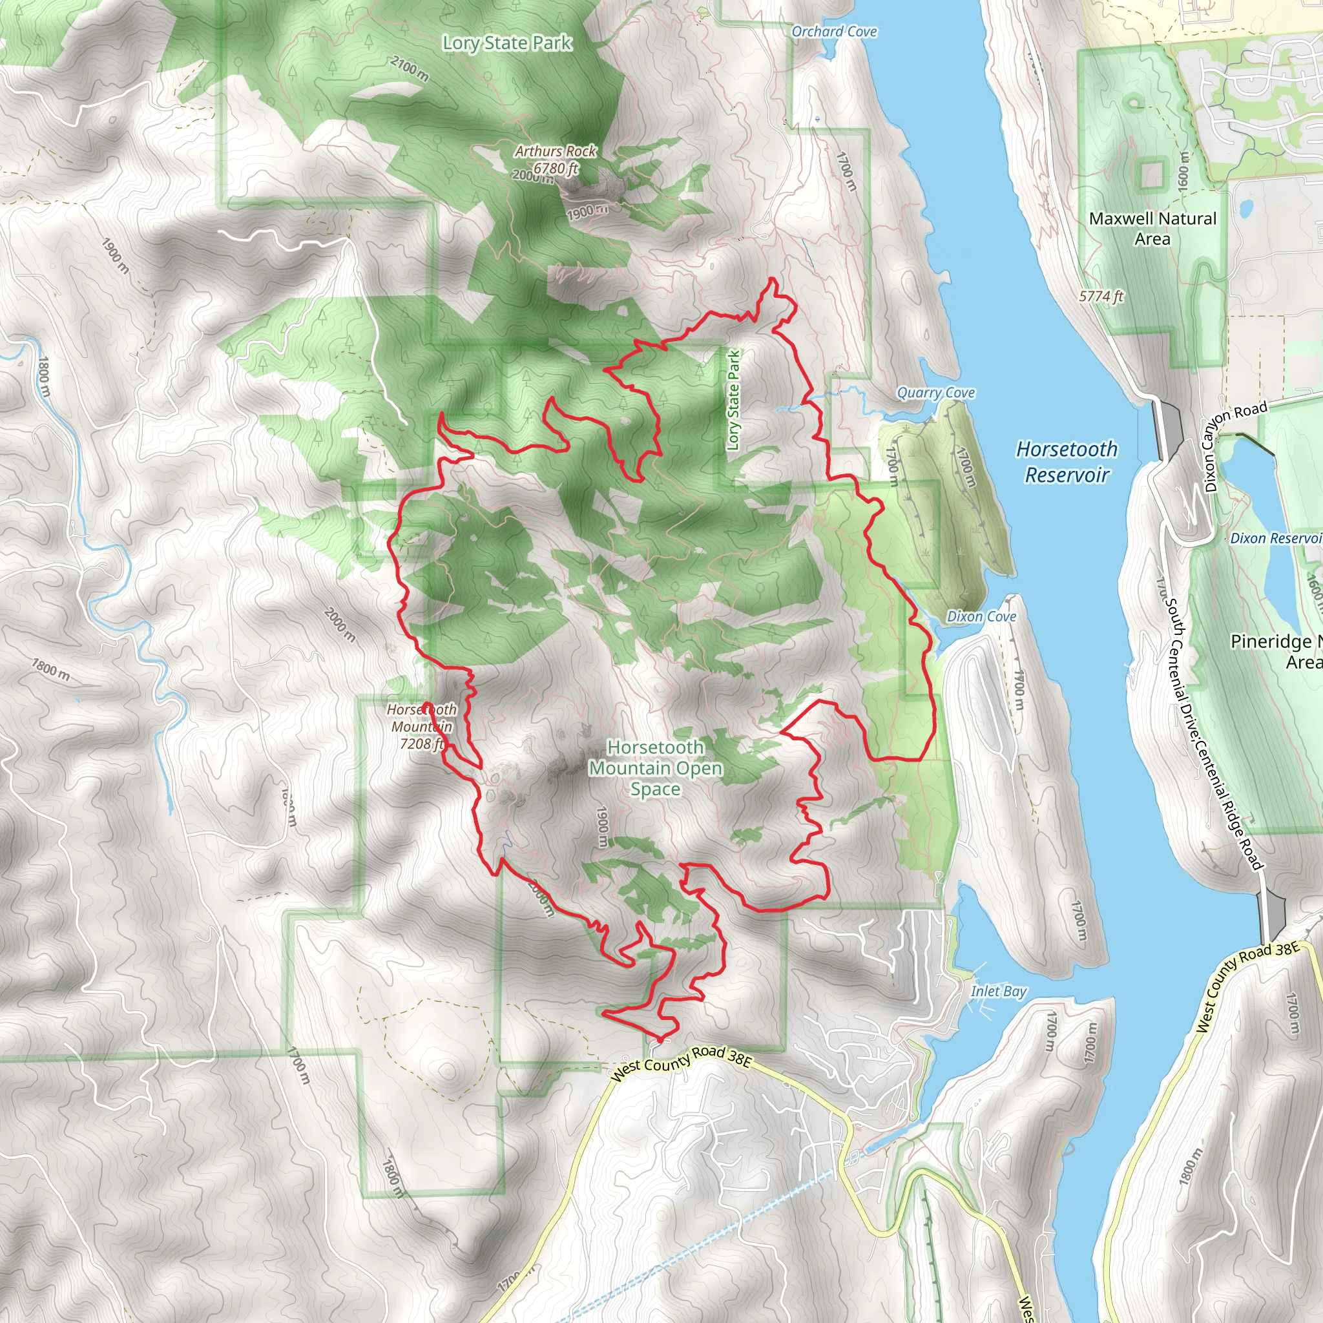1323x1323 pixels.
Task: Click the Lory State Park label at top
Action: click(506, 43)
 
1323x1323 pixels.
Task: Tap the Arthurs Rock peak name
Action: click(556, 151)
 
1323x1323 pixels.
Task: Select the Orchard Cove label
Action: click(833, 32)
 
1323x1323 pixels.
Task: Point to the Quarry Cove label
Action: click(935, 392)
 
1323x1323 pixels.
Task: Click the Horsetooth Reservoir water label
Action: click(1066, 461)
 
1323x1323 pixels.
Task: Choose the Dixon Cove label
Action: click(981, 616)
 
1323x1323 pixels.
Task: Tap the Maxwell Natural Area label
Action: click(1152, 228)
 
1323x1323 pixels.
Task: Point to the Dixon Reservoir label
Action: click(1275, 538)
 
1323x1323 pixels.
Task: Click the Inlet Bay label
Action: click(999, 991)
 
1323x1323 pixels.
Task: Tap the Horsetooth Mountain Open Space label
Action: click(655, 767)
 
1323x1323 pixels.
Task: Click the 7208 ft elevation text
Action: click(422, 744)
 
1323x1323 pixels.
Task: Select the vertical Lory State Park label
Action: click(733, 400)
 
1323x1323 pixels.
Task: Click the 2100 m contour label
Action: click(410, 68)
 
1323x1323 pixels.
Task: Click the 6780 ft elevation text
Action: click(556, 168)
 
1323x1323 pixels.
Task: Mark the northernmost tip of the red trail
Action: click(773, 278)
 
